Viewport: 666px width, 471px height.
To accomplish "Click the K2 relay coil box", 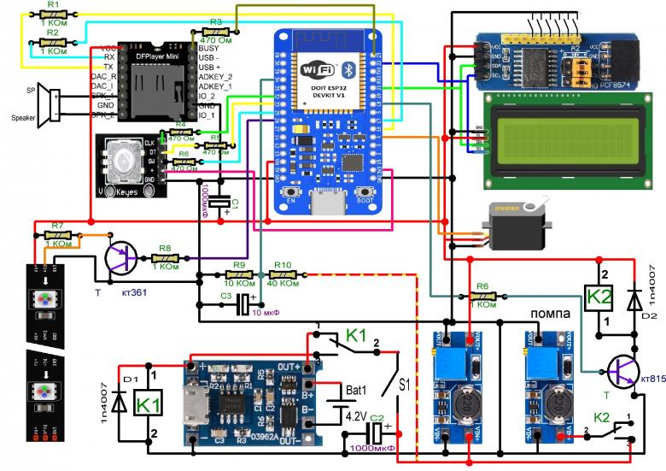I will point(599,298).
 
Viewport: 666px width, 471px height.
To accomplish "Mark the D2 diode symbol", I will point(634,299).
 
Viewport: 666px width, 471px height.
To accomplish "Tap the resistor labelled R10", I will point(283,274).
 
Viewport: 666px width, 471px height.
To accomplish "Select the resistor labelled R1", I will point(53,15).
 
